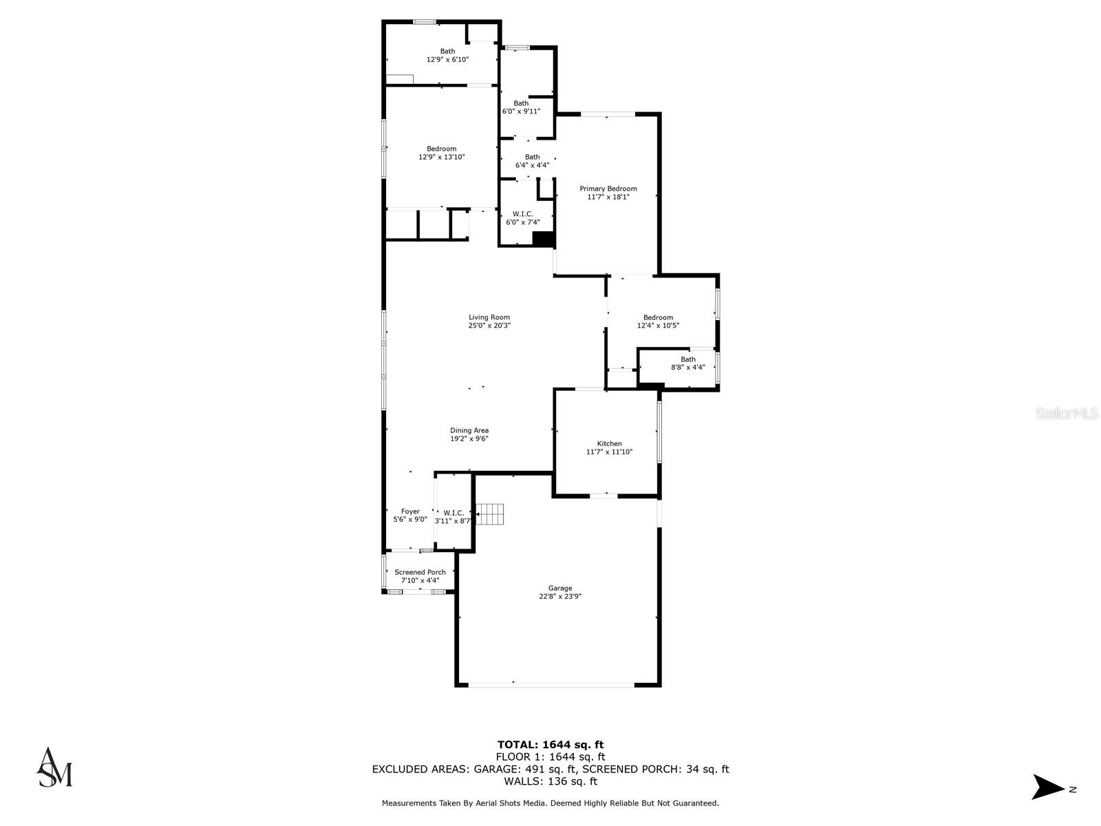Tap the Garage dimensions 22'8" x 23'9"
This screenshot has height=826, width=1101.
coord(560,597)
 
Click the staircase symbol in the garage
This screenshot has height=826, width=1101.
coord(491,514)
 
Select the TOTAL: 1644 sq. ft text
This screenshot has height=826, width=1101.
coord(550,744)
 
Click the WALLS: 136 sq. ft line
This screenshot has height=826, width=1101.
coord(550,781)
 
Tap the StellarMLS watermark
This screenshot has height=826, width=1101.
coord(1067,414)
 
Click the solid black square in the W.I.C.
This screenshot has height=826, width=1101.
coord(544,239)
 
